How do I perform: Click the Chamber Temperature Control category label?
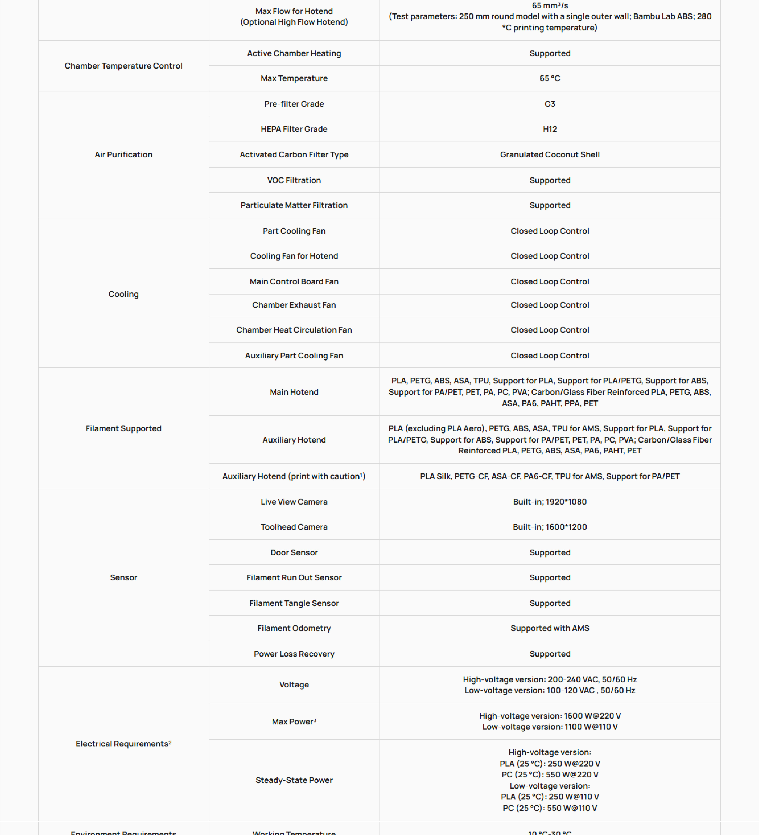123,66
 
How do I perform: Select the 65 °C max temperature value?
549,78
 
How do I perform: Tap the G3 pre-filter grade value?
549,104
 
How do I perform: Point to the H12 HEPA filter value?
549,129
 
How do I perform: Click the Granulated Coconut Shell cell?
549,154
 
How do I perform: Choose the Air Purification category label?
123,154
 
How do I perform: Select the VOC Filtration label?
294,180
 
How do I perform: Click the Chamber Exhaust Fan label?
294,305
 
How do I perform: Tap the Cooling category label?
123,294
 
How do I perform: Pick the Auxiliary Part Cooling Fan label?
294,355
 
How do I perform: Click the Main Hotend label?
294,392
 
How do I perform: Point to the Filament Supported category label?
123,428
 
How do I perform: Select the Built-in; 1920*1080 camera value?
549,502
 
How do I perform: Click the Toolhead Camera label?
294,527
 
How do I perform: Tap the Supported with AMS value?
549,628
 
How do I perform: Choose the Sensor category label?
123,577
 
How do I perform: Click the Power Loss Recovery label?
294,654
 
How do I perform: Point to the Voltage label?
294,685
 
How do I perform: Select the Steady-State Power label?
294,780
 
